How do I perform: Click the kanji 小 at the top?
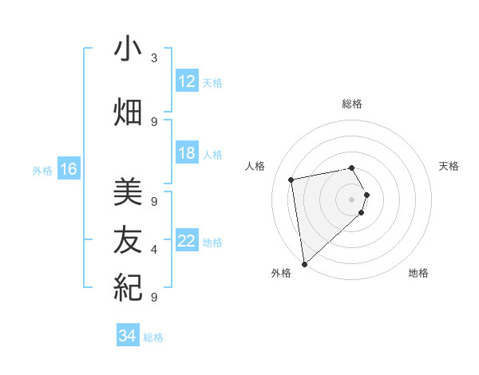point(128,50)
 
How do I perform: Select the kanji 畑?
point(128,112)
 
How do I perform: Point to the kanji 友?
point(128,238)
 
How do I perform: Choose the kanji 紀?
point(128,286)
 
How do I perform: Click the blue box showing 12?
point(187,81)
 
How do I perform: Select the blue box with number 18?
point(187,153)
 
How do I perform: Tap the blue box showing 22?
point(187,241)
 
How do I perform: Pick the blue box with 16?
point(69,169)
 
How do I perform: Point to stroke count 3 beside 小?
point(154,58)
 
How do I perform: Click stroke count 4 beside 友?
point(154,250)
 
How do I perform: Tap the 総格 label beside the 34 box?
point(153,337)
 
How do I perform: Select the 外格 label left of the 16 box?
point(42,170)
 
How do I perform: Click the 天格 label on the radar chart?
point(449,166)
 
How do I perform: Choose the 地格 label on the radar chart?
point(418,273)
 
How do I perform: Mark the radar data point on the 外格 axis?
point(304,263)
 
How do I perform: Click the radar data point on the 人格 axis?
point(291,180)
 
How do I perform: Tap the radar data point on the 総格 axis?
point(351,168)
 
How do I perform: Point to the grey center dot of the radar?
point(351,199)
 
